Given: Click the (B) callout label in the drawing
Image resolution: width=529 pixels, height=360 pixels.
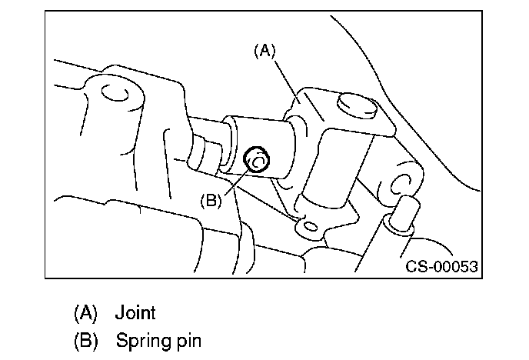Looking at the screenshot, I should (x=211, y=199).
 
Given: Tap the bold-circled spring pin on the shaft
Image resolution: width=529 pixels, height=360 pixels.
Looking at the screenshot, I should (x=255, y=160).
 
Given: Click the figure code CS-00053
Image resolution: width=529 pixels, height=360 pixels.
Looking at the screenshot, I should (x=442, y=266).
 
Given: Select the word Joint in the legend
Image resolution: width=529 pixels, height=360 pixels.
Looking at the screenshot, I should (x=135, y=313).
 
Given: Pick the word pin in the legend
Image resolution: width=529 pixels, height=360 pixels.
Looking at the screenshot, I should (x=185, y=340).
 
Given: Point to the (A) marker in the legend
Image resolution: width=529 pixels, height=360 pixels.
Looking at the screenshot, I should (x=86, y=313).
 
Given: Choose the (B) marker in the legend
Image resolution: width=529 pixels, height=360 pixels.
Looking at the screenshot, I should (x=86, y=339).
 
